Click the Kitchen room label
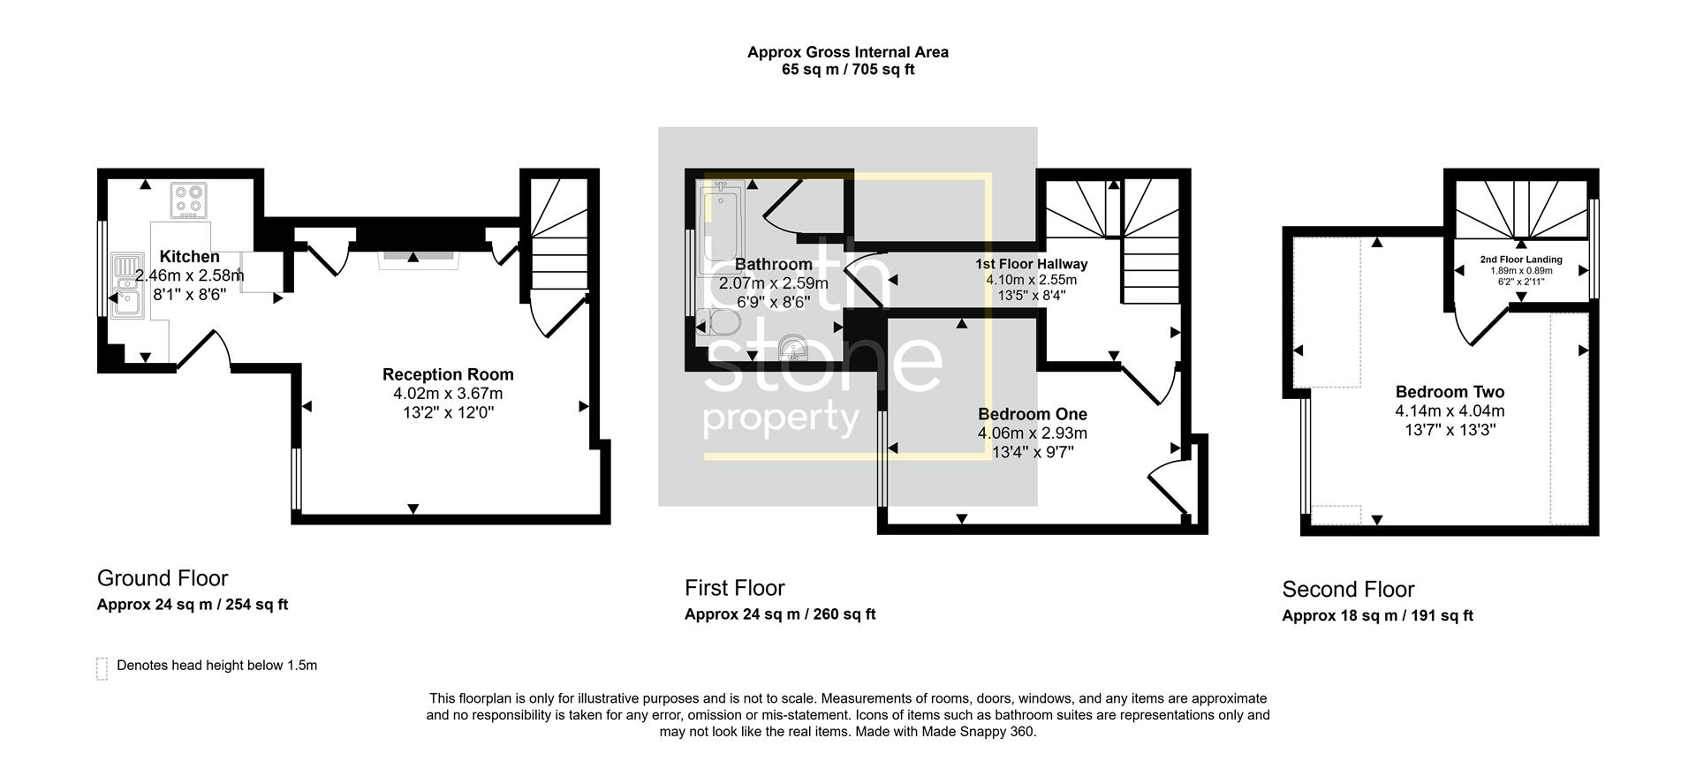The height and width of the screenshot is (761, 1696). coord(189,257)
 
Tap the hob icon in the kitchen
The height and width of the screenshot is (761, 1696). coord(188,200)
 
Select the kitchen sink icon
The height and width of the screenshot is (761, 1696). coord(127,286)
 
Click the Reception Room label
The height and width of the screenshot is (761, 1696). coord(448,374)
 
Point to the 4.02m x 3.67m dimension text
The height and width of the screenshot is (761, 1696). coord(448,394)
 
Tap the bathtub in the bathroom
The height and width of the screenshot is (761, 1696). coord(722,228)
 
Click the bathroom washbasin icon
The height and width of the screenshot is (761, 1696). coord(794,349)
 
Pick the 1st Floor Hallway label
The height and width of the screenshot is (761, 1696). coord(1031,264)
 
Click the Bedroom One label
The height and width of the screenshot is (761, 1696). coord(1032,414)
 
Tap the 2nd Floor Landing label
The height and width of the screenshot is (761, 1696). coord(1521,260)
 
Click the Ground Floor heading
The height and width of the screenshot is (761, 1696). coord(163,578)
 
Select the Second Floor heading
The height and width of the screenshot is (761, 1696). coord(1348,590)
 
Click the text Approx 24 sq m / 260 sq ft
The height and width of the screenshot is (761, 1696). coord(780,614)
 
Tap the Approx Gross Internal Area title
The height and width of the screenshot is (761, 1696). coord(847,52)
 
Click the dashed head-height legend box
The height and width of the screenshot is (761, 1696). coord(102,668)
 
